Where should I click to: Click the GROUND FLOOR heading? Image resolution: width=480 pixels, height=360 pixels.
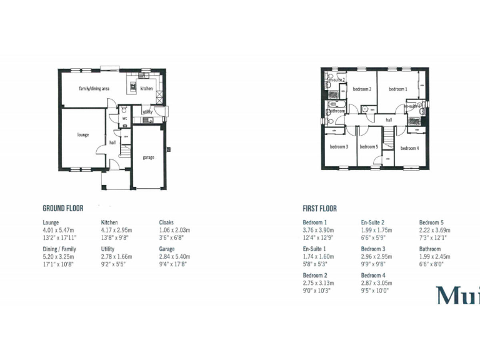coord(62,208)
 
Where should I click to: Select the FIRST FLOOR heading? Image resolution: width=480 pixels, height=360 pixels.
coord(319,209)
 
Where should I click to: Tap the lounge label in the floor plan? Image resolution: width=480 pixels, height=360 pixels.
coord(83,134)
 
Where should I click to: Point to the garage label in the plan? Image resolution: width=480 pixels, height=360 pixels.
coord(148,157)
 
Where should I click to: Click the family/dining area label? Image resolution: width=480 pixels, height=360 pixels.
coord(94,89)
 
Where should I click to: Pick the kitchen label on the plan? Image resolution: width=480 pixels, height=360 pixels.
coord(146,89)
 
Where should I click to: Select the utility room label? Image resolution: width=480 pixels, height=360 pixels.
coord(147,112)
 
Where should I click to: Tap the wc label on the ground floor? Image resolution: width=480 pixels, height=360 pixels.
coord(124,117)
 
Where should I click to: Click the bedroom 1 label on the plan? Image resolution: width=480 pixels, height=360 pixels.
coord(397,89)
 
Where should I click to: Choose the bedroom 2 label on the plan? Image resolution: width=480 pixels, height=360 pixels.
coord(362,89)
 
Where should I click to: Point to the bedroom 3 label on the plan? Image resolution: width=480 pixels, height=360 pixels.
coord(339,147)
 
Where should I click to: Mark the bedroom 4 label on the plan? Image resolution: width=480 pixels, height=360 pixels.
coord(409,148)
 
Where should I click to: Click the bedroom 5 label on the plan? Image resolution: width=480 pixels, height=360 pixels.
coord(368,147)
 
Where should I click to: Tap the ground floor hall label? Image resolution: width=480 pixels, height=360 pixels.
coord(112,142)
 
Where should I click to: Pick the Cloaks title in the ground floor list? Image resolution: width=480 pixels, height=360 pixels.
coord(166,222)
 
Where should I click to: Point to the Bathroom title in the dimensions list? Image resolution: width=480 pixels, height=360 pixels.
coord(430,249)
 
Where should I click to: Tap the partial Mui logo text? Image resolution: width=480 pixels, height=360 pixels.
coord(458,295)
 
